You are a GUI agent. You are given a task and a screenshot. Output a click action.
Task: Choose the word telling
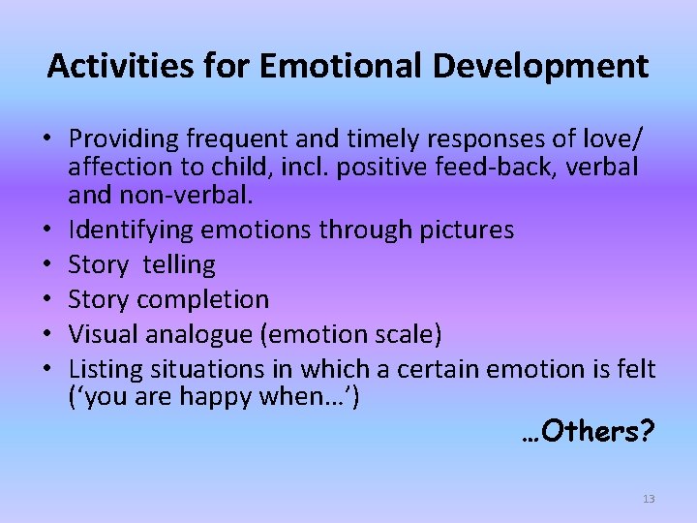[182, 264]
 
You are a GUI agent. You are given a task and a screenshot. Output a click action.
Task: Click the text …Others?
[588, 431]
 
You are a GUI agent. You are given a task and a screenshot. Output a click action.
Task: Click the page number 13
[648, 499]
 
